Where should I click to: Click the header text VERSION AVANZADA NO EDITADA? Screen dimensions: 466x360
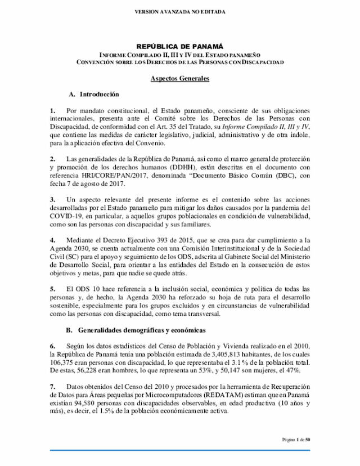click(179, 12)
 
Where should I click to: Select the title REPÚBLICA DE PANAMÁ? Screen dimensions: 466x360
click(180, 46)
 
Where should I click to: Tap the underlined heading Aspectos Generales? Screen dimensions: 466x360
click(180, 78)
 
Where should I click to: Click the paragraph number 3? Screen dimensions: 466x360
click(52, 199)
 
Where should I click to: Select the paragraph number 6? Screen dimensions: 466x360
click(52, 346)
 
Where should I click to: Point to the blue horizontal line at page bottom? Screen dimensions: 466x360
click(180, 449)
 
